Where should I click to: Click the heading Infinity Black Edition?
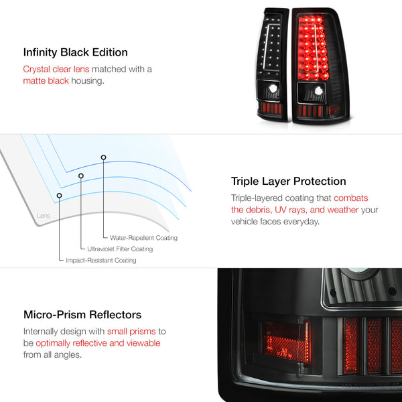[75, 52]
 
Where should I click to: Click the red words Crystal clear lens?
[56, 69]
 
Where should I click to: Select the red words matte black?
[46, 81]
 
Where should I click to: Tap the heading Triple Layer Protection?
[288, 181]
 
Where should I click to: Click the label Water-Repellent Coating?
[139, 238]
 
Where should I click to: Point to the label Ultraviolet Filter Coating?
[120, 249]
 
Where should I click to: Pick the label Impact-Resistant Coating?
[100, 260]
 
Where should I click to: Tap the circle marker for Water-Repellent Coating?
[103, 157]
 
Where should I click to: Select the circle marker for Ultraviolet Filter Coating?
[81, 176]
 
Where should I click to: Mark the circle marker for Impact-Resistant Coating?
[60, 196]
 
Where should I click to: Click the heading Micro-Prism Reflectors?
[82, 314]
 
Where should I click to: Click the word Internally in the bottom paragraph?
[43, 331]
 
